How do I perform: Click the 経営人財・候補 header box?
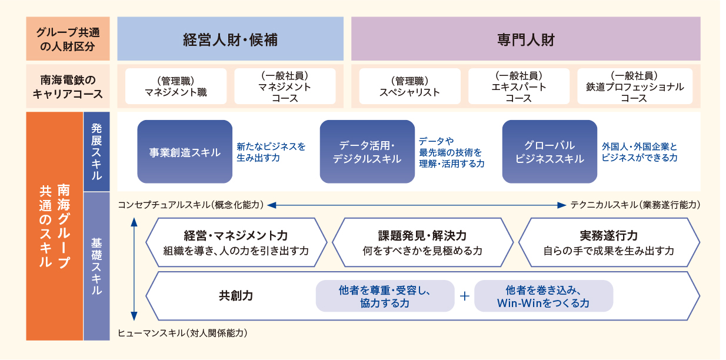[x=230, y=39]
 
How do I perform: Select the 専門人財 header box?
[x=526, y=39]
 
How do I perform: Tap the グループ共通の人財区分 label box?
[x=68, y=39]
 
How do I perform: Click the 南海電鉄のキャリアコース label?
[x=68, y=86]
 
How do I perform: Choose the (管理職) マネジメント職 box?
[x=176, y=86]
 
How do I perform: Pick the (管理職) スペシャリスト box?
[x=409, y=86]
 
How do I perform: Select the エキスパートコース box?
[x=518, y=86]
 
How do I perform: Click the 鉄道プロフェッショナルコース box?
[x=635, y=86]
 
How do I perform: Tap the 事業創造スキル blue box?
[x=185, y=152]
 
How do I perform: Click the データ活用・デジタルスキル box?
[x=367, y=152]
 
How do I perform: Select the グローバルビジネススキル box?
[x=550, y=152]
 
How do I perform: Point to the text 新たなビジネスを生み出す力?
[x=271, y=152]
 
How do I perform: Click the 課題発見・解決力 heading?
[x=422, y=235]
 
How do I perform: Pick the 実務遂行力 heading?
[x=609, y=235]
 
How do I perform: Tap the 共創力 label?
[x=235, y=296]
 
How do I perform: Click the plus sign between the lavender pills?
[x=464, y=296]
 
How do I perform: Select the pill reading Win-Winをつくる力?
[x=544, y=296]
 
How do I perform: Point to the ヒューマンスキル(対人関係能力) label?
[x=182, y=333]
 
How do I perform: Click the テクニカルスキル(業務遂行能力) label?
[x=635, y=205]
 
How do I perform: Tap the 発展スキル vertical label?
[x=96, y=152]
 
